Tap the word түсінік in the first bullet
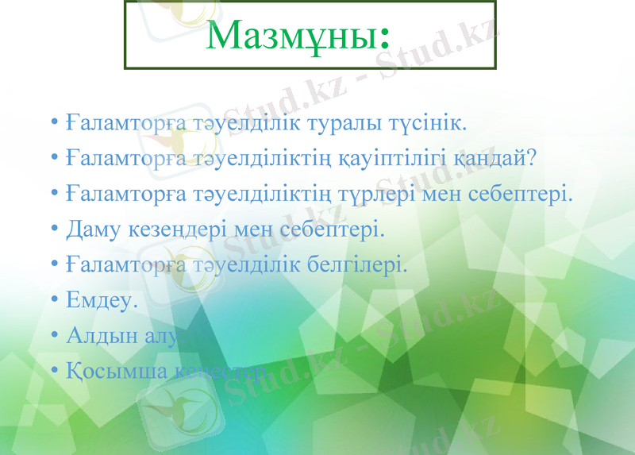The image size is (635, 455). click(x=431, y=124)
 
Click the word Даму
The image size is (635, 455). click(x=93, y=229)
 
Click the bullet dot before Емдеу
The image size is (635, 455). click(x=54, y=300)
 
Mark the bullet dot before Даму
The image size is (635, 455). click(x=54, y=229)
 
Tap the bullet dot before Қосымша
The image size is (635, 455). click(x=54, y=370)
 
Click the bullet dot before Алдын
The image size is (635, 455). click(x=54, y=335)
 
